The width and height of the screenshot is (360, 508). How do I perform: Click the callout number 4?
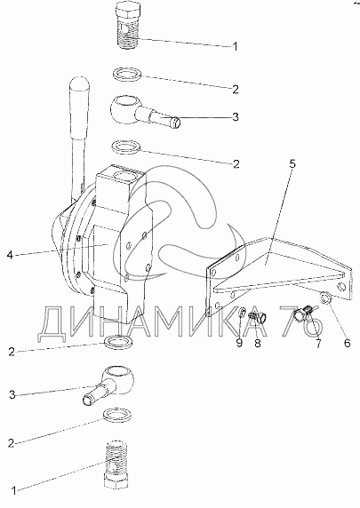10,255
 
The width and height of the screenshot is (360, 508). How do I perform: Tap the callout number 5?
292,163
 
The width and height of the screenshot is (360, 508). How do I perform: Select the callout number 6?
347,343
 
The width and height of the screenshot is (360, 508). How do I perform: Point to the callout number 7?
318,344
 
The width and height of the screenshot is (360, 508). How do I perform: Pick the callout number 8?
258,343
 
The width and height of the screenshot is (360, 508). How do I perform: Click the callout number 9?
239,343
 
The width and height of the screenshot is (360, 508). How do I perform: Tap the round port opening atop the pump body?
124,179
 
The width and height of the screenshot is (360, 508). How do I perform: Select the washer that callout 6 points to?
325,298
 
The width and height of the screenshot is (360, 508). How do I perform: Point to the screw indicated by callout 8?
257,317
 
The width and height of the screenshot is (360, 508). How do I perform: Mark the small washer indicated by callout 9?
242,314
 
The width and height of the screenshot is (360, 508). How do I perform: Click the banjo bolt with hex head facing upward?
129,25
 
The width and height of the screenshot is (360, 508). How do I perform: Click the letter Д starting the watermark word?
52,324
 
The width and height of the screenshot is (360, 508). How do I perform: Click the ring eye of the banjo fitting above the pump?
124,108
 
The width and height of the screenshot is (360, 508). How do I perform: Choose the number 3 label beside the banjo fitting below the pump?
12,395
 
